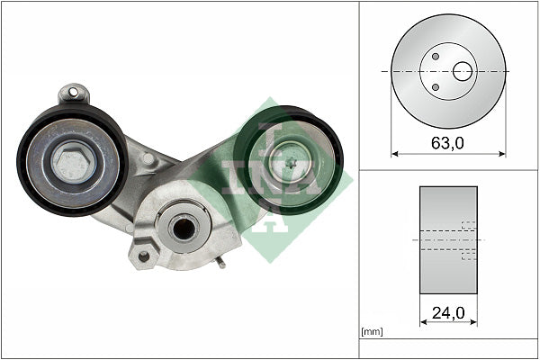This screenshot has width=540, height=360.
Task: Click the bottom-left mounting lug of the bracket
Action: [x=140, y=256]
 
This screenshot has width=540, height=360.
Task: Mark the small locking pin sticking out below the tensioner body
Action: [x=220, y=262]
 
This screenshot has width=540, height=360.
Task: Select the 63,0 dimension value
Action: [x=448, y=143]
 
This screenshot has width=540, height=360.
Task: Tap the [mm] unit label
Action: [x=371, y=332]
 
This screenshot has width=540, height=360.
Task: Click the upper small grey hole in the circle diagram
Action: [x=435, y=57]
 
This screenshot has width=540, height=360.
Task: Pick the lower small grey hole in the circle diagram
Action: [x=435, y=87]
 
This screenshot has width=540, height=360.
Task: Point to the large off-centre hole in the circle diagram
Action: [x=463, y=71]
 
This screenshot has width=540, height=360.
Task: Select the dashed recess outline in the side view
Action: [x=468, y=240]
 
